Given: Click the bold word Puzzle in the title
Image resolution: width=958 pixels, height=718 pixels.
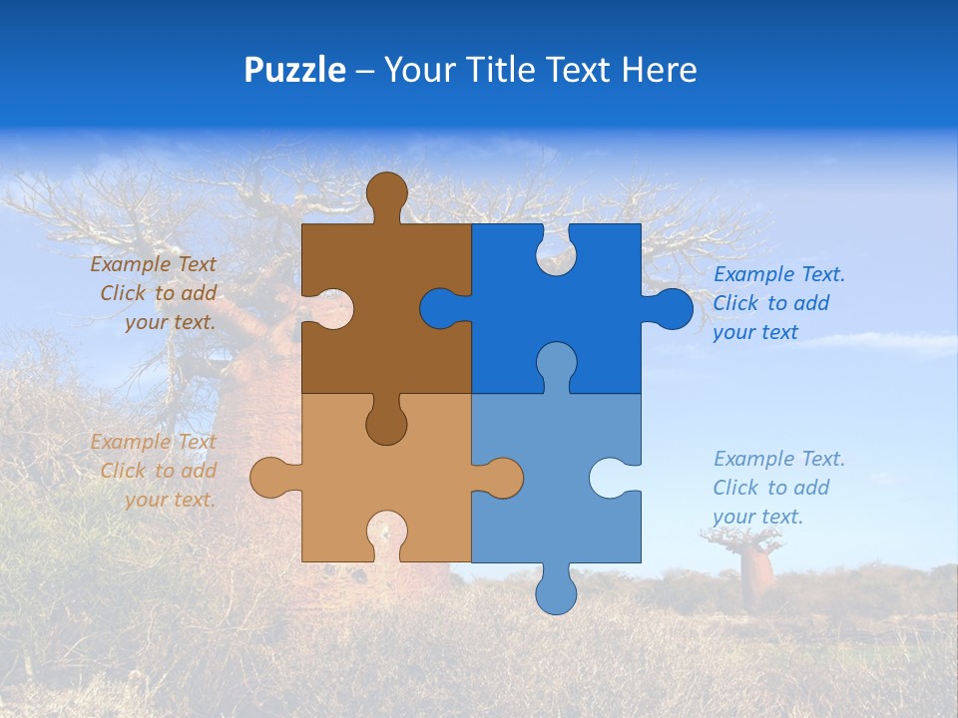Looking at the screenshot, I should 294,70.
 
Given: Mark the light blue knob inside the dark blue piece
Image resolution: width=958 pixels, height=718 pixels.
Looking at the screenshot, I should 556,363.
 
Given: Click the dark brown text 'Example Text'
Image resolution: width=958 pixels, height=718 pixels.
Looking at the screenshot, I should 153,264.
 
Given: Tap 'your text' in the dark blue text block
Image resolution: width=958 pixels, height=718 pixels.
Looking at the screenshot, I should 754,332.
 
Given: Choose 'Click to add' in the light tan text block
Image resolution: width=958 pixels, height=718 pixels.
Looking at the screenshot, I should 158,471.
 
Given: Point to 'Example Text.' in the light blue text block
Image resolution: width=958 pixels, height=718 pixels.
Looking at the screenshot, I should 778,459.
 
